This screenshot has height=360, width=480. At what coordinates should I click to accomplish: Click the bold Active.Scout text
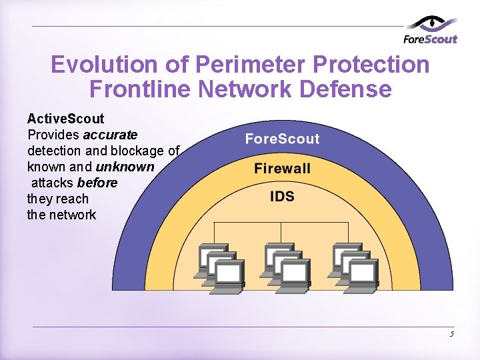coord(65,119)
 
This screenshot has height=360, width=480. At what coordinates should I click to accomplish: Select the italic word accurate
coord(110,135)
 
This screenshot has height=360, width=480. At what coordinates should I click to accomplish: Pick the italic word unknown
coord(125,167)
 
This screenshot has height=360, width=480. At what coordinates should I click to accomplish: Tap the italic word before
coord(97,183)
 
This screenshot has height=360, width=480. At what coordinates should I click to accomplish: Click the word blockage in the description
coord(141,151)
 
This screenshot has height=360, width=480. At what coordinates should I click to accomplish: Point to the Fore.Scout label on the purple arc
coord(282,139)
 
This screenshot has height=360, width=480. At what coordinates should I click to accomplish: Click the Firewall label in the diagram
coord(282,168)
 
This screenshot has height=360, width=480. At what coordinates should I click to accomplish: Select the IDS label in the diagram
coord(282,196)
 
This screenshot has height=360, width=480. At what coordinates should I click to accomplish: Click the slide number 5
coord(451,334)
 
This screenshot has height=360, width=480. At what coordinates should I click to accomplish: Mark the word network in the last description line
coord(72,215)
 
